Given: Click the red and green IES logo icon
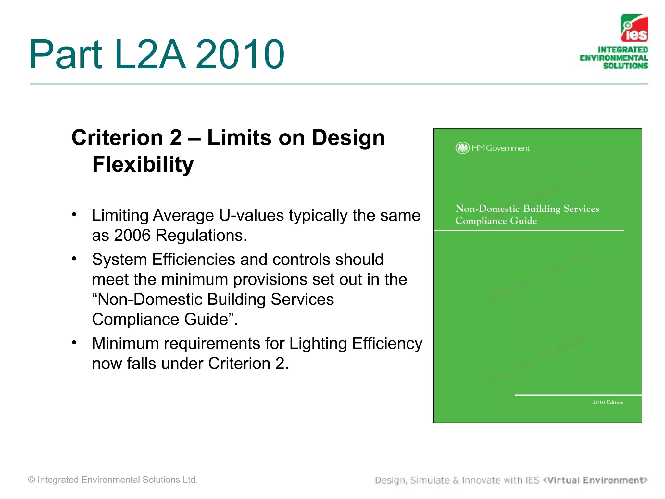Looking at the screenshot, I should pyautogui.click(x=634, y=28).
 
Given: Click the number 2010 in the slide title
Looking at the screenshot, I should pyautogui.click(x=240, y=54).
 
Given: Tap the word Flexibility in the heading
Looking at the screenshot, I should pyautogui.click(x=143, y=164).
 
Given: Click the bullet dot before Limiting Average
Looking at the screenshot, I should pyautogui.click(x=74, y=214).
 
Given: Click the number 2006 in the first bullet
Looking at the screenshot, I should pyautogui.click(x=132, y=235).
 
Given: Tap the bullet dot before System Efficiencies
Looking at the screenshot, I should pyautogui.click(x=74, y=259).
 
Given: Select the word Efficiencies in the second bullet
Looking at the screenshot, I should pyautogui.click(x=194, y=260).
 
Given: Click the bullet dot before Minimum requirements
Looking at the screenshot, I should pyautogui.click(x=74, y=342).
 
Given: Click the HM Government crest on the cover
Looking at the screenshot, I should pyautogui.click(x=462, y=148).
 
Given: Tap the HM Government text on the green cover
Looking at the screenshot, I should pyautogui.click(x=500, y=148).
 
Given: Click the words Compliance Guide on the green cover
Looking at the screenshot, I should pyautogui.click(x=496, y=221).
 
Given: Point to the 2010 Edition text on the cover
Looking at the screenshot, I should pyautogui.click(x=608, y=403).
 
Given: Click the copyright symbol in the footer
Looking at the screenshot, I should pyautogui.click(x=31, y=480).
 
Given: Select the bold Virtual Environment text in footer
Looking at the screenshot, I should pyautogui.click(x=595, y=480).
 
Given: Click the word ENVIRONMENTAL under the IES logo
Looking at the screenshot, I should pyautogui.click(x=614, y=58).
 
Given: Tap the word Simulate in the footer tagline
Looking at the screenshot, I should pyautogui.click(x=430, y=480).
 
